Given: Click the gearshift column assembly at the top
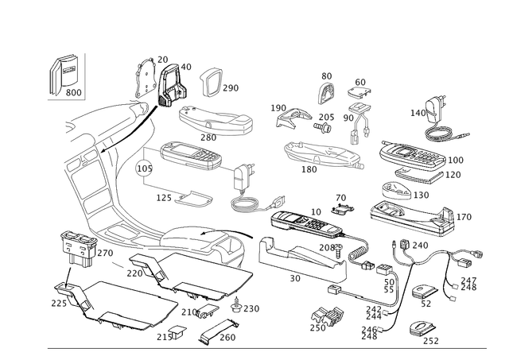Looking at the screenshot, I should [159, 79].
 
